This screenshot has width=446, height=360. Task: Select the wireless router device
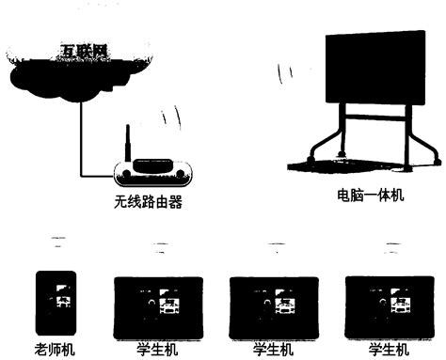click(152, 169)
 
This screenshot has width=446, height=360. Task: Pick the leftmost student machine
click(156, 305)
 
